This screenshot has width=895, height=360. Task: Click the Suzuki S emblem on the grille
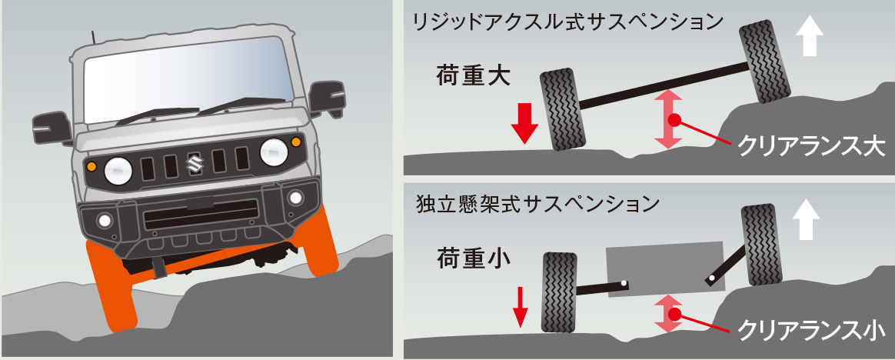pyautogui.click(x=195, y=164)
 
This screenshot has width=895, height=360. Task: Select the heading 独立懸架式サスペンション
pyautogui.click(x=538, y=203)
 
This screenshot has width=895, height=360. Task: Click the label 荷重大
pyautogui.click(x=473, y=76)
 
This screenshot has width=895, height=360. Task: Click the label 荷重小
pyautogui.click(x=473, y=259)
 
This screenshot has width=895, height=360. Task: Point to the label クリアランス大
pyautogui.click(x=811, y=148)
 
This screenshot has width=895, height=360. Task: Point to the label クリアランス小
pyautogui.click(x=811, y=330)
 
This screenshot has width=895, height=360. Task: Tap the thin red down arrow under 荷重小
pyautogui.click(x=520, y=308)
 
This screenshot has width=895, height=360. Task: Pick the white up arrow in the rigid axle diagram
pyautogui.click(x=810, y=35)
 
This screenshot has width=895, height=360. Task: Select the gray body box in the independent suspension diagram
pyautogui.click(x=666, y=269)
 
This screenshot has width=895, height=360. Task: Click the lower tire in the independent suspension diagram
pyautogui.click(x=560, y=292)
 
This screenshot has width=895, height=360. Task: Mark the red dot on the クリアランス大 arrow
pyautogui.click(x=674, y=120)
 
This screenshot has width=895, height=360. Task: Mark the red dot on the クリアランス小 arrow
pyautogui.click(x=674, y=315)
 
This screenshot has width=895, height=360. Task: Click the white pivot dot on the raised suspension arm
pyautogui.click(x=711, y=279)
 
